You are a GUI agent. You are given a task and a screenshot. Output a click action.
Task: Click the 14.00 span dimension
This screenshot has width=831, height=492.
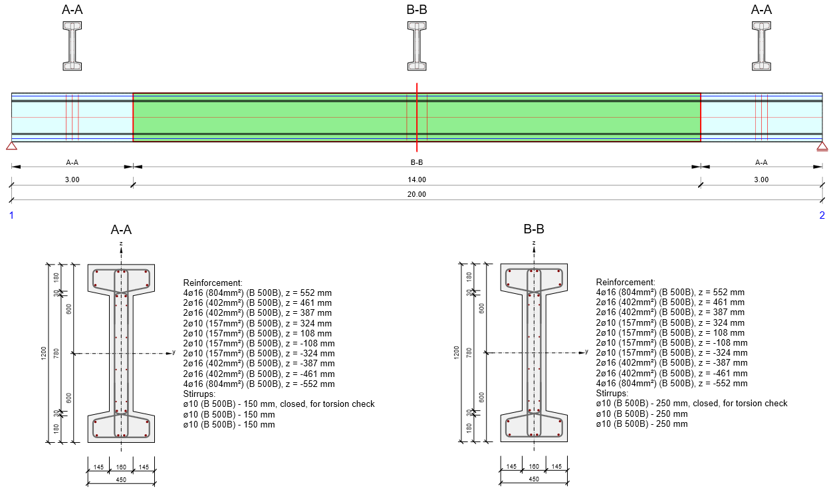[417, 180]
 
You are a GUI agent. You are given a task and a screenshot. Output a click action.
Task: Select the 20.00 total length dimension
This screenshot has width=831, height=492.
[417, 194]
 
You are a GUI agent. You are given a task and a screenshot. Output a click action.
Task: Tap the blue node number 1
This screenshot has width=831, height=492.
[11, 215]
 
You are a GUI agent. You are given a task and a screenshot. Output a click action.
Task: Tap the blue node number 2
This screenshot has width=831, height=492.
[822, 215]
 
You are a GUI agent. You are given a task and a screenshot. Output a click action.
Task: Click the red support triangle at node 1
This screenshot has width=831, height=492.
[11, 146]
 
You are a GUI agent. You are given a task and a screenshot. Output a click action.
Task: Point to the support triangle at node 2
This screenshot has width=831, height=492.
[822, 146]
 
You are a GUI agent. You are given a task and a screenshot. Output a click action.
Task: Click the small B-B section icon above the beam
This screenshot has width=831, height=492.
[417, 46]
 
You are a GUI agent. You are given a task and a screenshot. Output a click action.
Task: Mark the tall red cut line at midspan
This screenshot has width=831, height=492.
[417, 117]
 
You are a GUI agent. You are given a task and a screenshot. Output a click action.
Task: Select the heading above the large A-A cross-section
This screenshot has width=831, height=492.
[121, 230]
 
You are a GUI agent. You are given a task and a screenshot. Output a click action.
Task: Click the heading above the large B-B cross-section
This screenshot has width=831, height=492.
[534, 230]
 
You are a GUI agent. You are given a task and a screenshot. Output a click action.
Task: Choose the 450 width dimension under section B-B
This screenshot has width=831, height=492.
[534, 479]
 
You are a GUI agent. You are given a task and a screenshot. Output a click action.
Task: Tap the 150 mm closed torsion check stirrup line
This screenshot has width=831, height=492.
[279, 404]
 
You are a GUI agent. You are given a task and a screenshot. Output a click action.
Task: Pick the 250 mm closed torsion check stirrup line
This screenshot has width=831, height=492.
[691, 403]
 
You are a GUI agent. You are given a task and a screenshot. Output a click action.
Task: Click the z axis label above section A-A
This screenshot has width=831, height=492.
[121, 244]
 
